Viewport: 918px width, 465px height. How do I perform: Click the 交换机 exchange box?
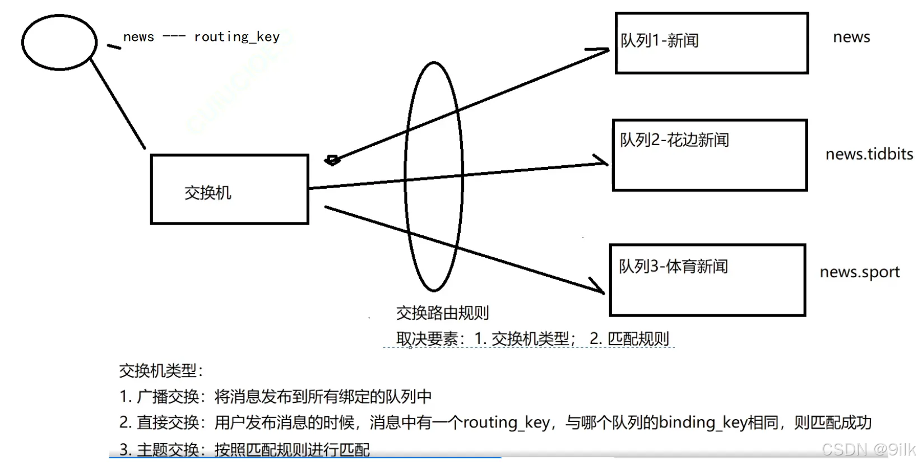(x=229, y=189)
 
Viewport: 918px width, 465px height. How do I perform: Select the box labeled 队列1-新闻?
(x=711, y=43)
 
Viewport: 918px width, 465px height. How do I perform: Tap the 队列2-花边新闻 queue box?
(x=710, y=155)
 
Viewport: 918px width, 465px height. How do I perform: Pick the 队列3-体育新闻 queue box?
(x=707, y=280)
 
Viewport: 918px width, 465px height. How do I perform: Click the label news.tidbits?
(x=869, y=154)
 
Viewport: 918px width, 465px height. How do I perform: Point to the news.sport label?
(x=859, y=272)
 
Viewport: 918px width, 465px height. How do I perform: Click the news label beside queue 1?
(x=851, y=37)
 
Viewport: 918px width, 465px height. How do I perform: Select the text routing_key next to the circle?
(x=237, y=37)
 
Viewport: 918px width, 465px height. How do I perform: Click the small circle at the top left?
(x=59, y=43)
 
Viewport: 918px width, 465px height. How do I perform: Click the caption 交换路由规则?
(x=442, y=313)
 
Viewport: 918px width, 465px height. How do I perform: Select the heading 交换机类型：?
(x=161, y=370)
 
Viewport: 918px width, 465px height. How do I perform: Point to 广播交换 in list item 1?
(x=168, y=397)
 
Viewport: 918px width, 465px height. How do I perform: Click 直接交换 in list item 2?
(x=168, y=422)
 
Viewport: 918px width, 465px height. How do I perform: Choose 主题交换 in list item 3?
(x=168, y=449)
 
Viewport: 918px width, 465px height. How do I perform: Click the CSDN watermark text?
(x=866, y=449)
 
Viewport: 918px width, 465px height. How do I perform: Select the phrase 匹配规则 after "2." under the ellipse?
(x=638, y=339)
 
